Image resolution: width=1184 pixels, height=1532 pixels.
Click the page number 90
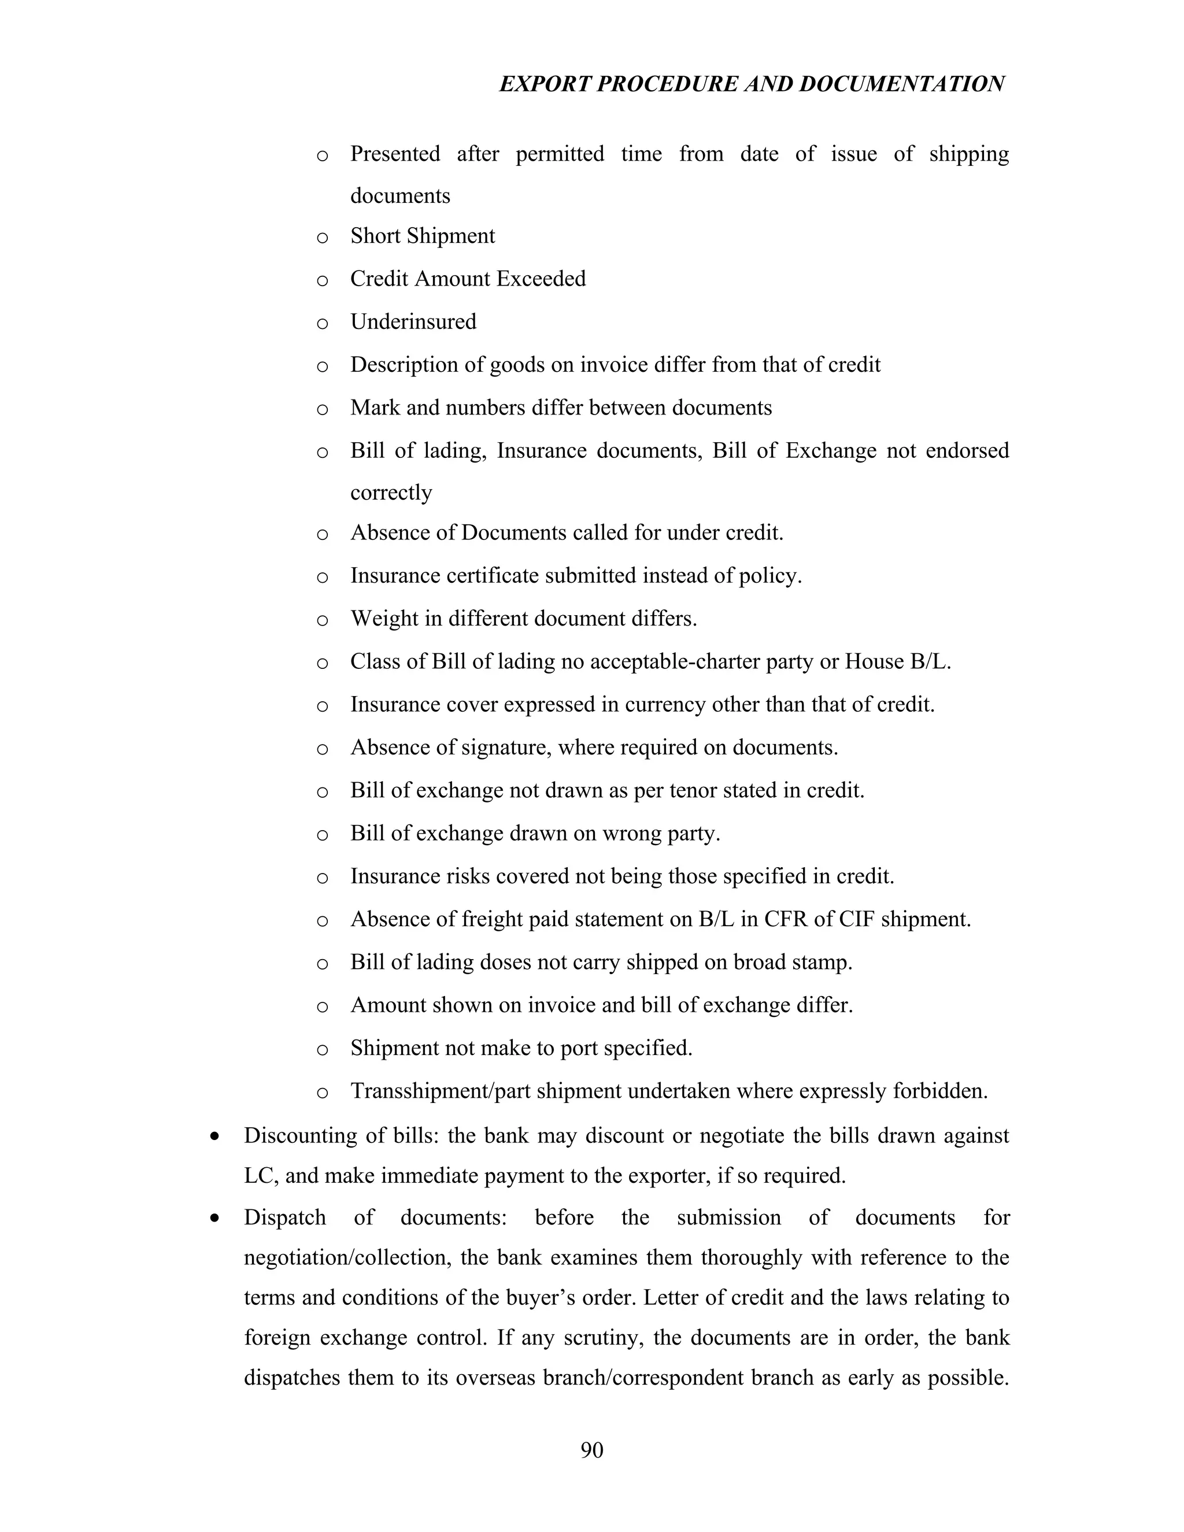tap(591, 1450)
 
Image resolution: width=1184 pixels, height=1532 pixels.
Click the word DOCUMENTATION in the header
tap(901, 84)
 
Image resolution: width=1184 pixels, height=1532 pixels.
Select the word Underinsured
tap(413, 322)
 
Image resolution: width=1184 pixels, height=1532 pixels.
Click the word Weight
tap(383, 619)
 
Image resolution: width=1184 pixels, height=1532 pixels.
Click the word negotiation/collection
tap(346, 1258)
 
